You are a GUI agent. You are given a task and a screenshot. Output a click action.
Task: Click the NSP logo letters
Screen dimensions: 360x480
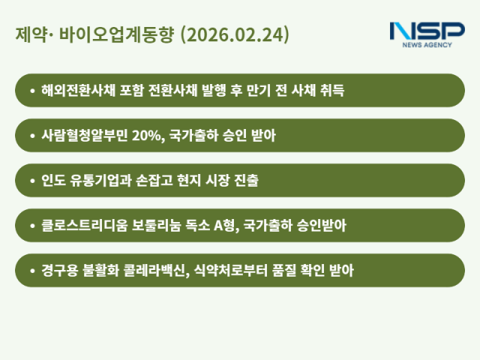tap(427, 31)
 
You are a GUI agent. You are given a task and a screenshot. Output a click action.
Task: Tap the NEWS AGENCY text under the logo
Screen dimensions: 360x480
tap(427, 45)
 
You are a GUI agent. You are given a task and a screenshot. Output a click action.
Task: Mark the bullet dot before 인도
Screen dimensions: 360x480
tap(32, 181)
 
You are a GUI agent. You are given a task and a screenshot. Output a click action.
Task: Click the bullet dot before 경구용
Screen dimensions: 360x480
tap(32, 270)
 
